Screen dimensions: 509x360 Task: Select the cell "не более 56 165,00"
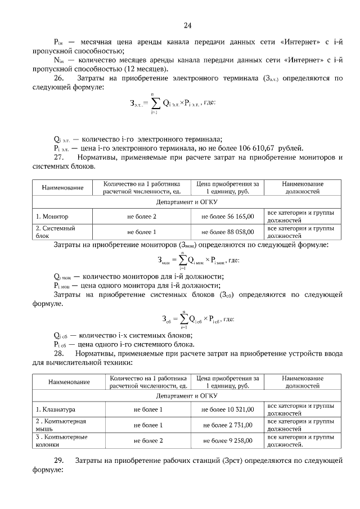pyautogui.click(x=228, y=216)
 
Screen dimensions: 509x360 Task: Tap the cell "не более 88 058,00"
pyautogui.click(x=228, y=232)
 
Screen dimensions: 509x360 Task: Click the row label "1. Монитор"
pyautogui.click(x=49, y=216)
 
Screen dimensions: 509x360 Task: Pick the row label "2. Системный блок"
pyautogui.click(x=55, y=232)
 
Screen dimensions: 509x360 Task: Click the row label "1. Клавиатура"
pyautogui.click(x=55, y=409)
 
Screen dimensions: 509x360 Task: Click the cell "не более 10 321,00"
pyautogui.click(x=228, y=409)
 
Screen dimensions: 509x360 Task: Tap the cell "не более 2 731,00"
pyautogui.click(x=228, y=425)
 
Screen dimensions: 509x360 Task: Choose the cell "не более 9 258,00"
pyautogui.click(x=228, y=440)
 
